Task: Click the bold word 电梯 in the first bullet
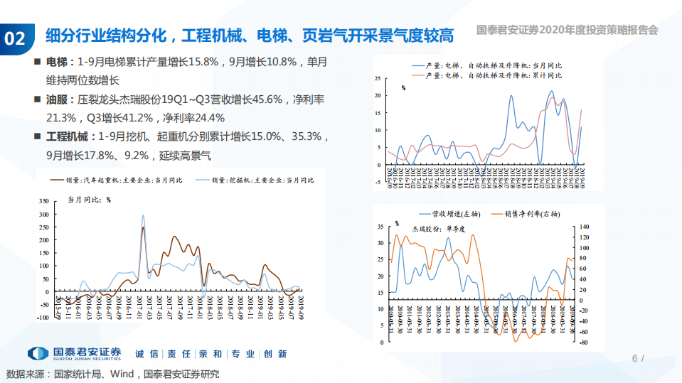[x=57, y=63]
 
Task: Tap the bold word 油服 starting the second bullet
[x=57, y=99]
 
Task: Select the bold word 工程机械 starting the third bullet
[x=70, y=136]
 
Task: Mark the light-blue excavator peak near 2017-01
[x=143, y=215]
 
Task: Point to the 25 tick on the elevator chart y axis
[x=378, y=77]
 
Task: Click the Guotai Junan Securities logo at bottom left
[x=75, y=353]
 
